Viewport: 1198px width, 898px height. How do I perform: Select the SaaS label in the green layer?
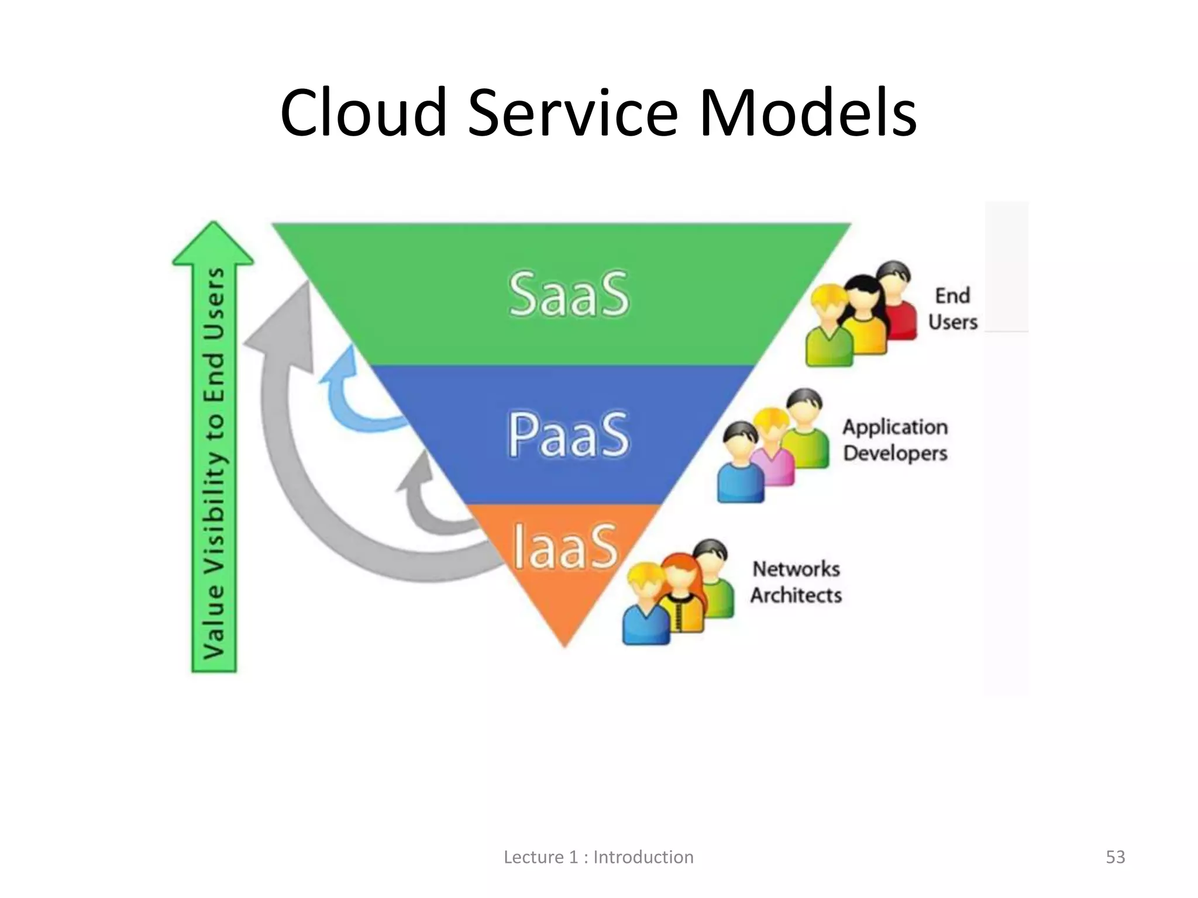point(569,294)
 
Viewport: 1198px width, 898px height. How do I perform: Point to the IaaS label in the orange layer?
point(565,547)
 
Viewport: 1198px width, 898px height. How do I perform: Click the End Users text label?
point(952,309)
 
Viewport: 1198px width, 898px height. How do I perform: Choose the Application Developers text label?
point(895,440)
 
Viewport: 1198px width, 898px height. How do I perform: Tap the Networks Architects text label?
point(796,582)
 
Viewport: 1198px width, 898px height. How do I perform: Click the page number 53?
point(1115,857)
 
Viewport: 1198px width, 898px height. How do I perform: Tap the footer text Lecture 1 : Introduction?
point(598,857)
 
